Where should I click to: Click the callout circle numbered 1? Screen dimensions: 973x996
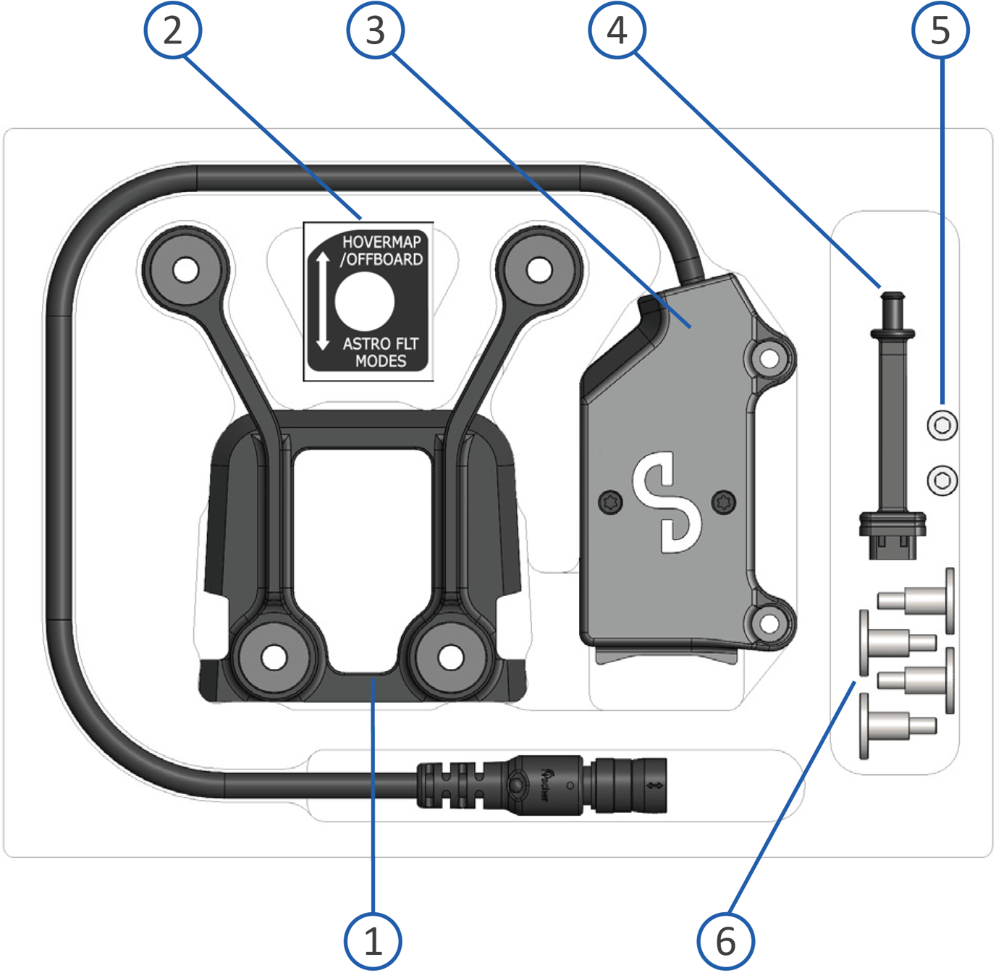tap(373, 941)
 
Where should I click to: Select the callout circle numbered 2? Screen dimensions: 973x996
tap(173, 30)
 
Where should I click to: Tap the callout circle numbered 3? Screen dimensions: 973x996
tap(375, 30)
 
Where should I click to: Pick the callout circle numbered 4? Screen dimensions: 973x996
tap(617, 30)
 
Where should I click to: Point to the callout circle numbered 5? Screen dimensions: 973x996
tap(940, 30)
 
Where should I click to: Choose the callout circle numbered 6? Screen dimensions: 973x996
tap(725, 941)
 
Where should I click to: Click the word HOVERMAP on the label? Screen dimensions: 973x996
tap(381, 243)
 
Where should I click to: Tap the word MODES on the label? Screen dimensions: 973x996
tap(381, 361)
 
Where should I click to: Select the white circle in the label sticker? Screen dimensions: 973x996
tap(365, 302)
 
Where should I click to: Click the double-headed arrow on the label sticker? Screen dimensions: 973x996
tap(323, 300)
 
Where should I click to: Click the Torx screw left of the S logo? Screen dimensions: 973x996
tap(611, 501)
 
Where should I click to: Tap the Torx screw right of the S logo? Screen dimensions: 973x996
tap(724, 501)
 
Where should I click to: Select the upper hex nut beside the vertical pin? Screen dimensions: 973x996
tap(942, 425)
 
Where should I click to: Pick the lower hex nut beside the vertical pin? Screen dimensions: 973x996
tap(942, 480)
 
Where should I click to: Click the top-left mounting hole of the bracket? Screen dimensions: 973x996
tap(186, 270)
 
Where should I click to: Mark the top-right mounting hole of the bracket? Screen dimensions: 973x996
tap(539, 270)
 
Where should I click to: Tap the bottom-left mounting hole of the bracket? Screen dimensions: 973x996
tap(274, 657)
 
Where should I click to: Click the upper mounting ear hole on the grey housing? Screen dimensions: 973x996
tap(769, 358)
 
